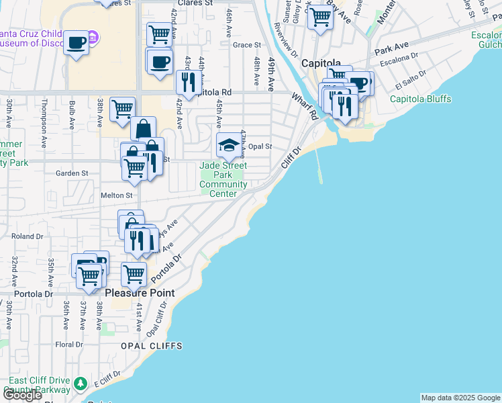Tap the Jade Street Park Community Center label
(x=223, y=179)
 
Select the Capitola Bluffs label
(x=421, y=99)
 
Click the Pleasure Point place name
(x=140, y=293)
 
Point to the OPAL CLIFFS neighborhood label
(x=152, y=345)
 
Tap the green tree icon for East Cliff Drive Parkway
(x=81, y=384)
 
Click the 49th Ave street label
(x=272, y=75)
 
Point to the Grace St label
(x=246, y=45)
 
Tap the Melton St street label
(x=116, y=195)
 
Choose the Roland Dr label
(x=27, y=236)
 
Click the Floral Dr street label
(x=68, y=345)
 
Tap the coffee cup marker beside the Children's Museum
(x=77, y=43)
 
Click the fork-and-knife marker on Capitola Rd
(x=188, y=83)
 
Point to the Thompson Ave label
(x=44, y=124)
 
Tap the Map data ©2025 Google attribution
(x=460, y=398)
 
